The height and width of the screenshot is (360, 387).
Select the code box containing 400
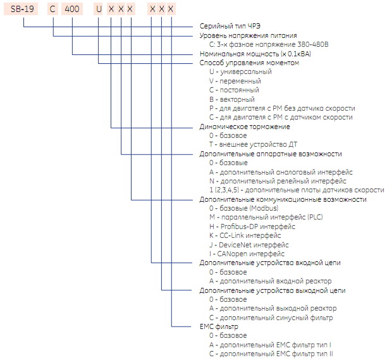click(73, 9)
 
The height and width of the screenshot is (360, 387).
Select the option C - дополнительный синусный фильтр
click(271, 318)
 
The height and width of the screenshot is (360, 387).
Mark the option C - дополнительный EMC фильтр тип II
click(271, 354)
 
